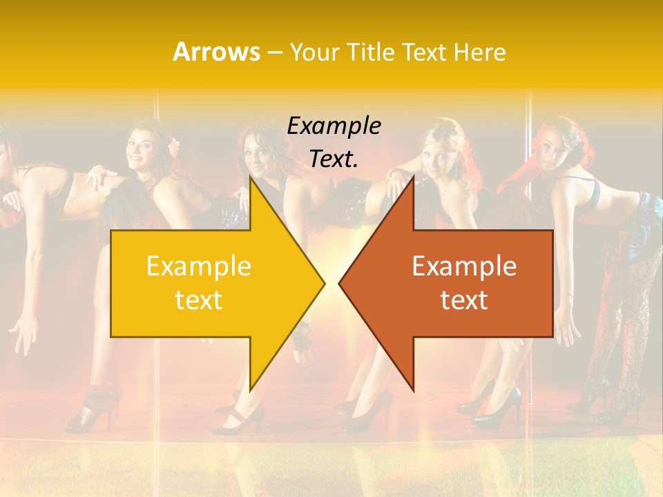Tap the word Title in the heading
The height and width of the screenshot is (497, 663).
tap(370, 52)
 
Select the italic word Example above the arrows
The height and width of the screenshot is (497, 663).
tap(334, 126)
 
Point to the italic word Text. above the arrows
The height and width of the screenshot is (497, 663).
tap(334, 159)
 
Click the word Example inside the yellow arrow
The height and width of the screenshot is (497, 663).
tap(199, 266)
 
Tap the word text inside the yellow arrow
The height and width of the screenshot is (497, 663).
tap(199, 300)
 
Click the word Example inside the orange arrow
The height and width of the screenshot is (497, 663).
tap(464, 266)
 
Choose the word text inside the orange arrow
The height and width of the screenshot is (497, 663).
tap(464, 300)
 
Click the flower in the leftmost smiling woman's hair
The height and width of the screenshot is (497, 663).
tap(174, 145)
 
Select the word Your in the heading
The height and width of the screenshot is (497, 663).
tap(315, 52)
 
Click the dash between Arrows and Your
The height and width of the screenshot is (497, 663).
tap(273, 52)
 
